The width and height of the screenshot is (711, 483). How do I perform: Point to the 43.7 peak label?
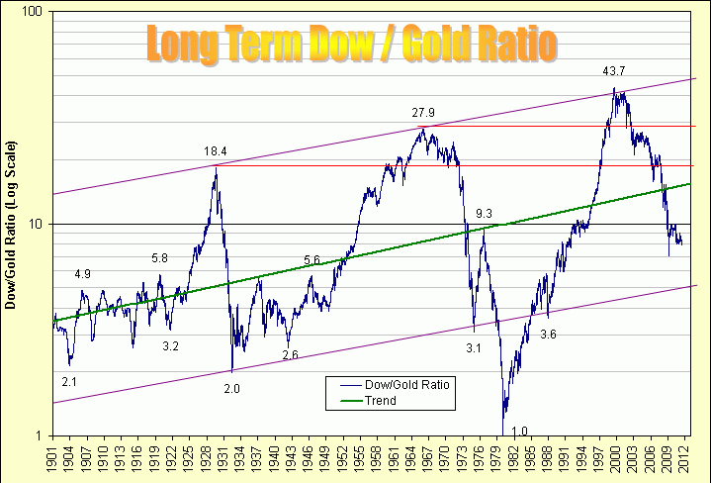point(614,71)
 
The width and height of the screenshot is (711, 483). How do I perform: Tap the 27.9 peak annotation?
point(423,113)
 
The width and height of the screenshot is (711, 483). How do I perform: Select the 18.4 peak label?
point(216,151)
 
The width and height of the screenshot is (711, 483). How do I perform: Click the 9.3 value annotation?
point(484,214)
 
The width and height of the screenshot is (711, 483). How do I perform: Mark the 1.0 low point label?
point(520,431)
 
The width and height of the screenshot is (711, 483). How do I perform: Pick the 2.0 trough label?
point(231,388)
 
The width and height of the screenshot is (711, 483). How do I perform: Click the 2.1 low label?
point(69,381)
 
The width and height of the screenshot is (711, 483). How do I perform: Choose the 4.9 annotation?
point(82,274)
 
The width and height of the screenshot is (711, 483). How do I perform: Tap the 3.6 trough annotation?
point(548,335)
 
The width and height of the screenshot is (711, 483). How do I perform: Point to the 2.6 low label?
point(290,354)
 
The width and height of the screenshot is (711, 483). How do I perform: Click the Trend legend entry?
point(381,401)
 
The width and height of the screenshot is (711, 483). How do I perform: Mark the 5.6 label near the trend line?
point(311,260)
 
